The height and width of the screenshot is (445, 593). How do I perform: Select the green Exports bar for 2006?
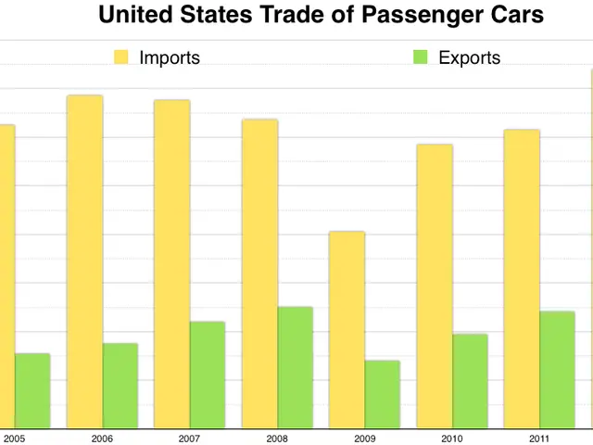(x=120, y=386)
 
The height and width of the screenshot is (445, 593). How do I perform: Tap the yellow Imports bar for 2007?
(x=172, y=264)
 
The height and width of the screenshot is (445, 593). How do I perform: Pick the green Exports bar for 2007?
(x=208, y=375)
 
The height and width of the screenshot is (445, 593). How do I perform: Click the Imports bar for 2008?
(x=259, y=273)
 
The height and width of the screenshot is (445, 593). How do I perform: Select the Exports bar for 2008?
(x=296, y=367)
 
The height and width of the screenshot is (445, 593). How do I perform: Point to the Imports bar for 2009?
(x=347, y=329)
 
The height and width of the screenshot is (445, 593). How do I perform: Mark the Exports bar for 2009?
(x=383, y=394)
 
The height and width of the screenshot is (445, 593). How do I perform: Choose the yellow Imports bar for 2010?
(x=435, y=286)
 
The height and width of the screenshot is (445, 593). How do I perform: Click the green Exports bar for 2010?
(x=470, y=381)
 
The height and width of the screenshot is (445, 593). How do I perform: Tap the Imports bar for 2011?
(x=522, y=279)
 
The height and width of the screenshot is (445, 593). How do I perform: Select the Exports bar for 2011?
(x=558, y=370)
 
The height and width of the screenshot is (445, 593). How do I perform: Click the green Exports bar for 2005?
(x=32, y=390)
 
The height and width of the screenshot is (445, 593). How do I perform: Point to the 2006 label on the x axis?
(x=102, y=438)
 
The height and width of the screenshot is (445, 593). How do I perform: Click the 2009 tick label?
(x=364, y=438)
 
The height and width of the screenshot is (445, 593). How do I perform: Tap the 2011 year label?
(x=539, y=438)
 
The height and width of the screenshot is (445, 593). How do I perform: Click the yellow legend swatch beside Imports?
(x=121, y=57)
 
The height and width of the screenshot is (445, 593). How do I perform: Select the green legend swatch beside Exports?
(x=421, y=57)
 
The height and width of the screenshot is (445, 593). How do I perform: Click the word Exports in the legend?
(x=469, y=57)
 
